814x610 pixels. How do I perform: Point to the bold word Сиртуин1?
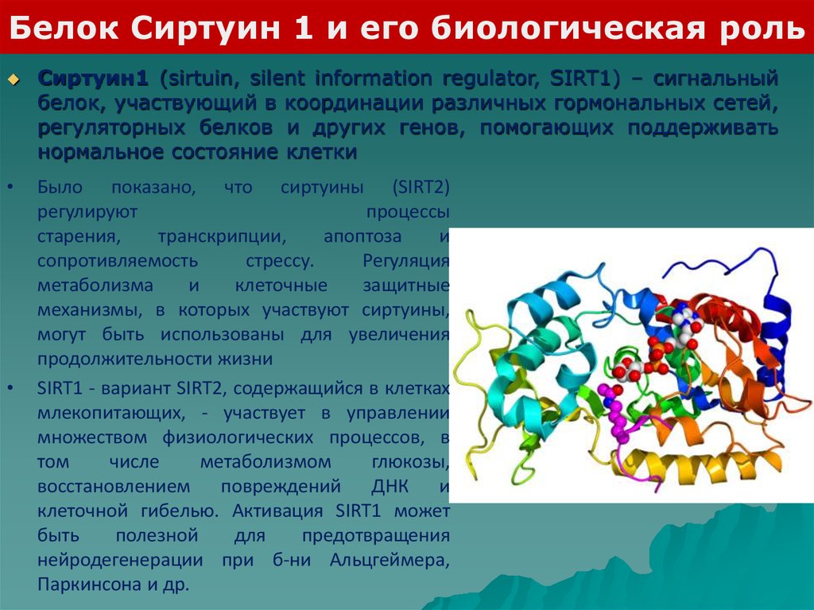[x=93, y=79]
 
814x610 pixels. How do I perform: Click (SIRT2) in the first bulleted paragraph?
[x=421, y=187]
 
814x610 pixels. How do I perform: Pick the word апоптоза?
[x=362, y=236]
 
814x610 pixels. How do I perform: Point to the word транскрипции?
[x=223, y=237]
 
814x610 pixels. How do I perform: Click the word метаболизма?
[x=95, y=286]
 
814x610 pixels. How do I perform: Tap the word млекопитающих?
[x=111, y=413]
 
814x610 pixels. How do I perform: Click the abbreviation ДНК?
[x=390, y=487]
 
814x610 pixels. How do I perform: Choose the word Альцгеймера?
[x=390, y=561]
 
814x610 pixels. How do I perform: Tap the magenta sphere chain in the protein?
[x=615, y=413]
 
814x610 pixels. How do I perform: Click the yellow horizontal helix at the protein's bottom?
[x=696, y=467]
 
